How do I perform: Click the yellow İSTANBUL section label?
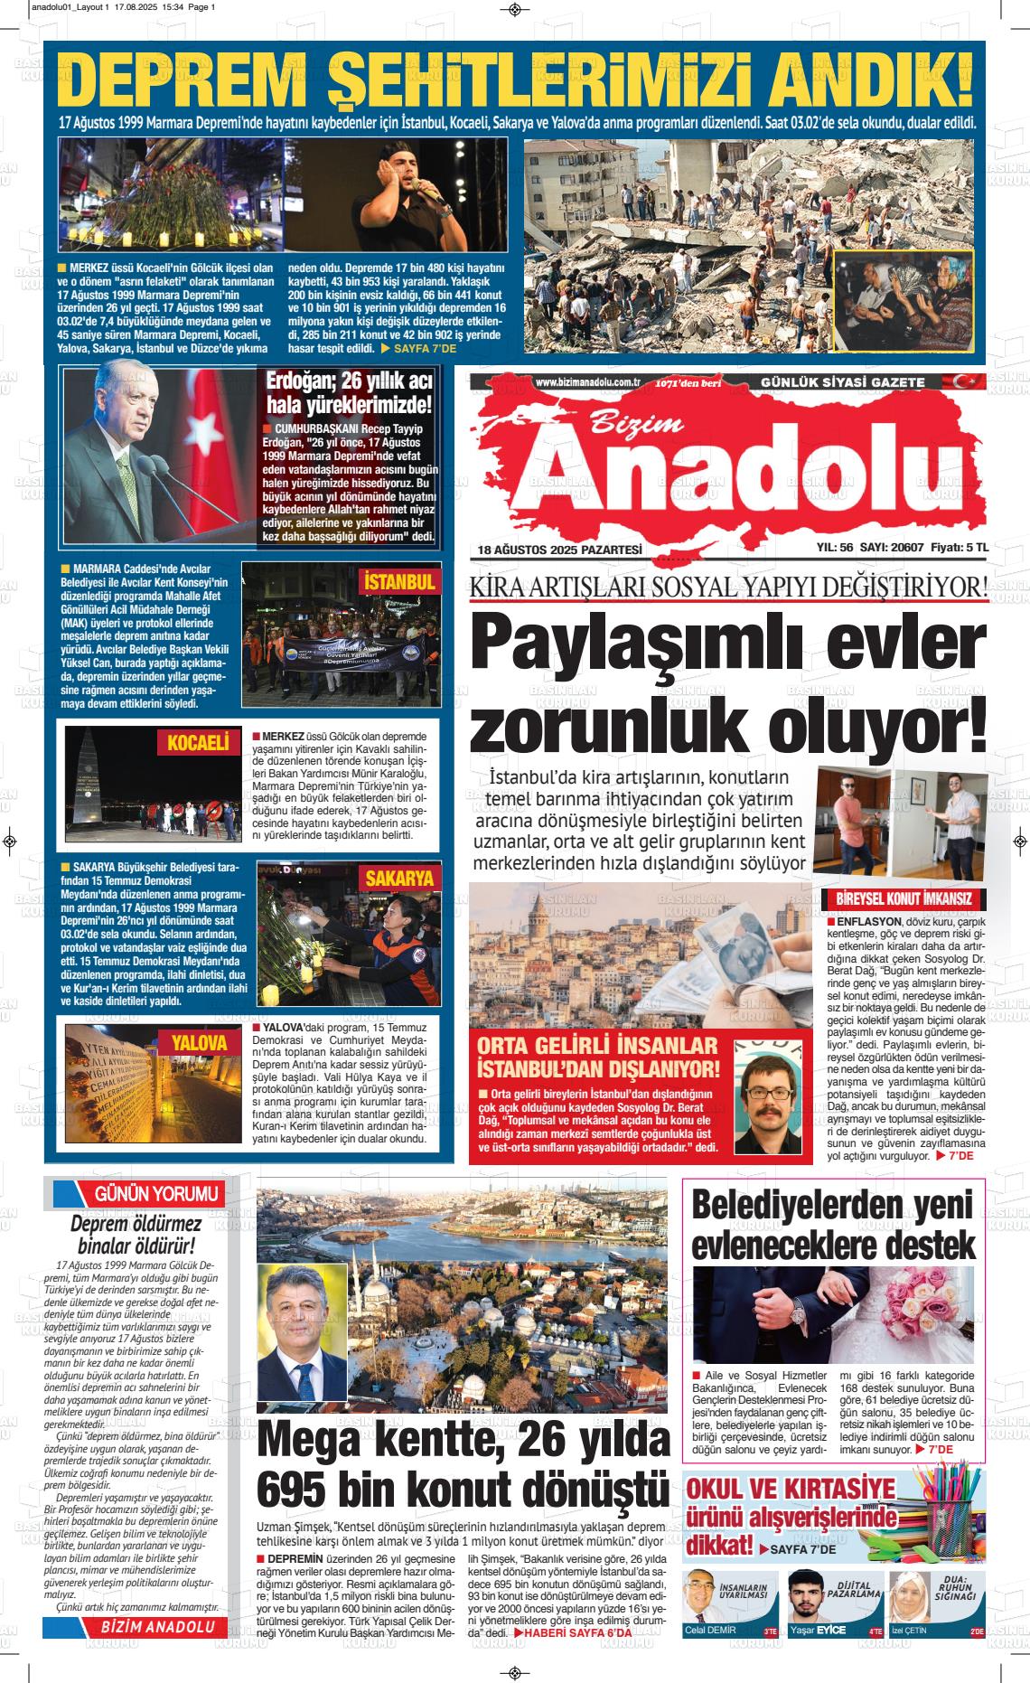click(x=399, y=582)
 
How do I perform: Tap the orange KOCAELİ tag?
click(x=198, y=743)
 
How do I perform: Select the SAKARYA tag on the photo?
click(x=399, y=878)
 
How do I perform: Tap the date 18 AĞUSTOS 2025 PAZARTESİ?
click(x=559, y=550)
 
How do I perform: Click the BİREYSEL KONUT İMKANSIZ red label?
click(x=903, y=899)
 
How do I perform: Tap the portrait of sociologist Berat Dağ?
click(x=768, y=1097)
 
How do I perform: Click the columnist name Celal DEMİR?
click(x=710, y=1630)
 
